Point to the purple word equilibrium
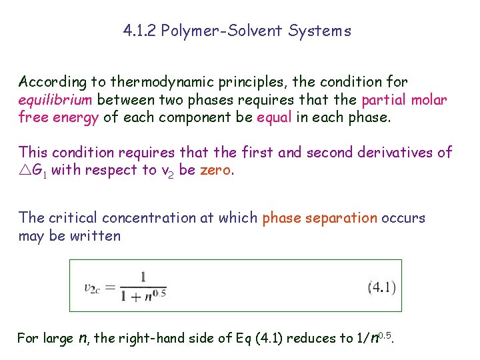click(x=57, y=100)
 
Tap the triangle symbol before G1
click(x=25, y=171)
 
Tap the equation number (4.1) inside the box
click(x=381, y=288)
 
